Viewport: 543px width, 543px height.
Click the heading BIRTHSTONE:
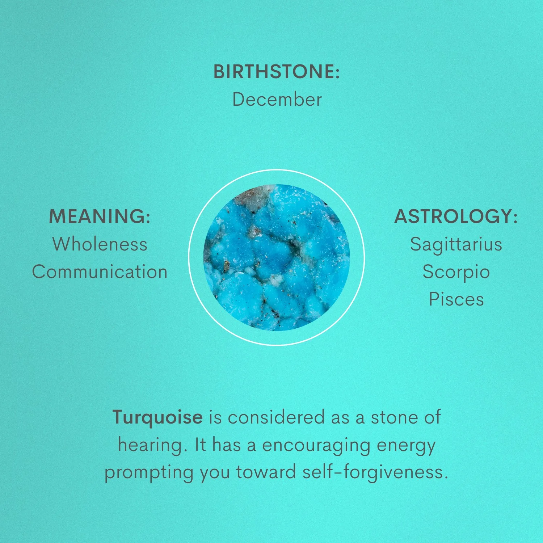pyautogui.click(x=277, y=71)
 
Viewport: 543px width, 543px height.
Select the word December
pyautogui.click(x=277, y=99)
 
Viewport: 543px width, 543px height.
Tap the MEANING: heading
pyautogui.click(x=100, y=216)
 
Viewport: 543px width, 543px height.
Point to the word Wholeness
pyautogui.click(x=100, y=244)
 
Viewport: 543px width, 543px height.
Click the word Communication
pyautogui.click(x=100, y=271)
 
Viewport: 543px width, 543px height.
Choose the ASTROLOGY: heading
pyautogui.click(x=456, y=216)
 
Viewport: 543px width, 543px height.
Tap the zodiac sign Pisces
pyautogui.click(x=456, y=299)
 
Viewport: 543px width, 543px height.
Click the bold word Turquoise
pyautogui.click(x=157, y=418)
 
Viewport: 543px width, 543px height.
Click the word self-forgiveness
pyautogui.click(x=375, y=473)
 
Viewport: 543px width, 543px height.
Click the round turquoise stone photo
pyautogui.click(x=277, y=257)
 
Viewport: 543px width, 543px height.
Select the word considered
pyautogui.click(x=276, y=417)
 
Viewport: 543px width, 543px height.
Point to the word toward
pyautogui.click(x=266, y=472)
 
